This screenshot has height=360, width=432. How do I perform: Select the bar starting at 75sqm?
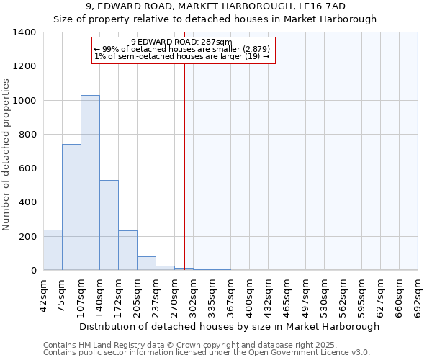pyautogui.click(x=71, y=207)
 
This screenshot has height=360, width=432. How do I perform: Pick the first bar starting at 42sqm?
pyautogui.click(x=53, y=250)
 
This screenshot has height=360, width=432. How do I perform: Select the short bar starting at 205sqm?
pyautogui.click(x=146, y=263)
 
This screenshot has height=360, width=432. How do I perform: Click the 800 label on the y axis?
pyautogui.click(x=28, y=135)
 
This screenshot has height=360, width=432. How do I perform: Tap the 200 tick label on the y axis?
pyautogui.click(x=28, y=237)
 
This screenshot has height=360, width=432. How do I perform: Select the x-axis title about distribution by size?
pyautogui.click(x=229, y=327)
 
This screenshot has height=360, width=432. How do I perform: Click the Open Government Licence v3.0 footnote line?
pyautogui.click(x=207, y=353)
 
